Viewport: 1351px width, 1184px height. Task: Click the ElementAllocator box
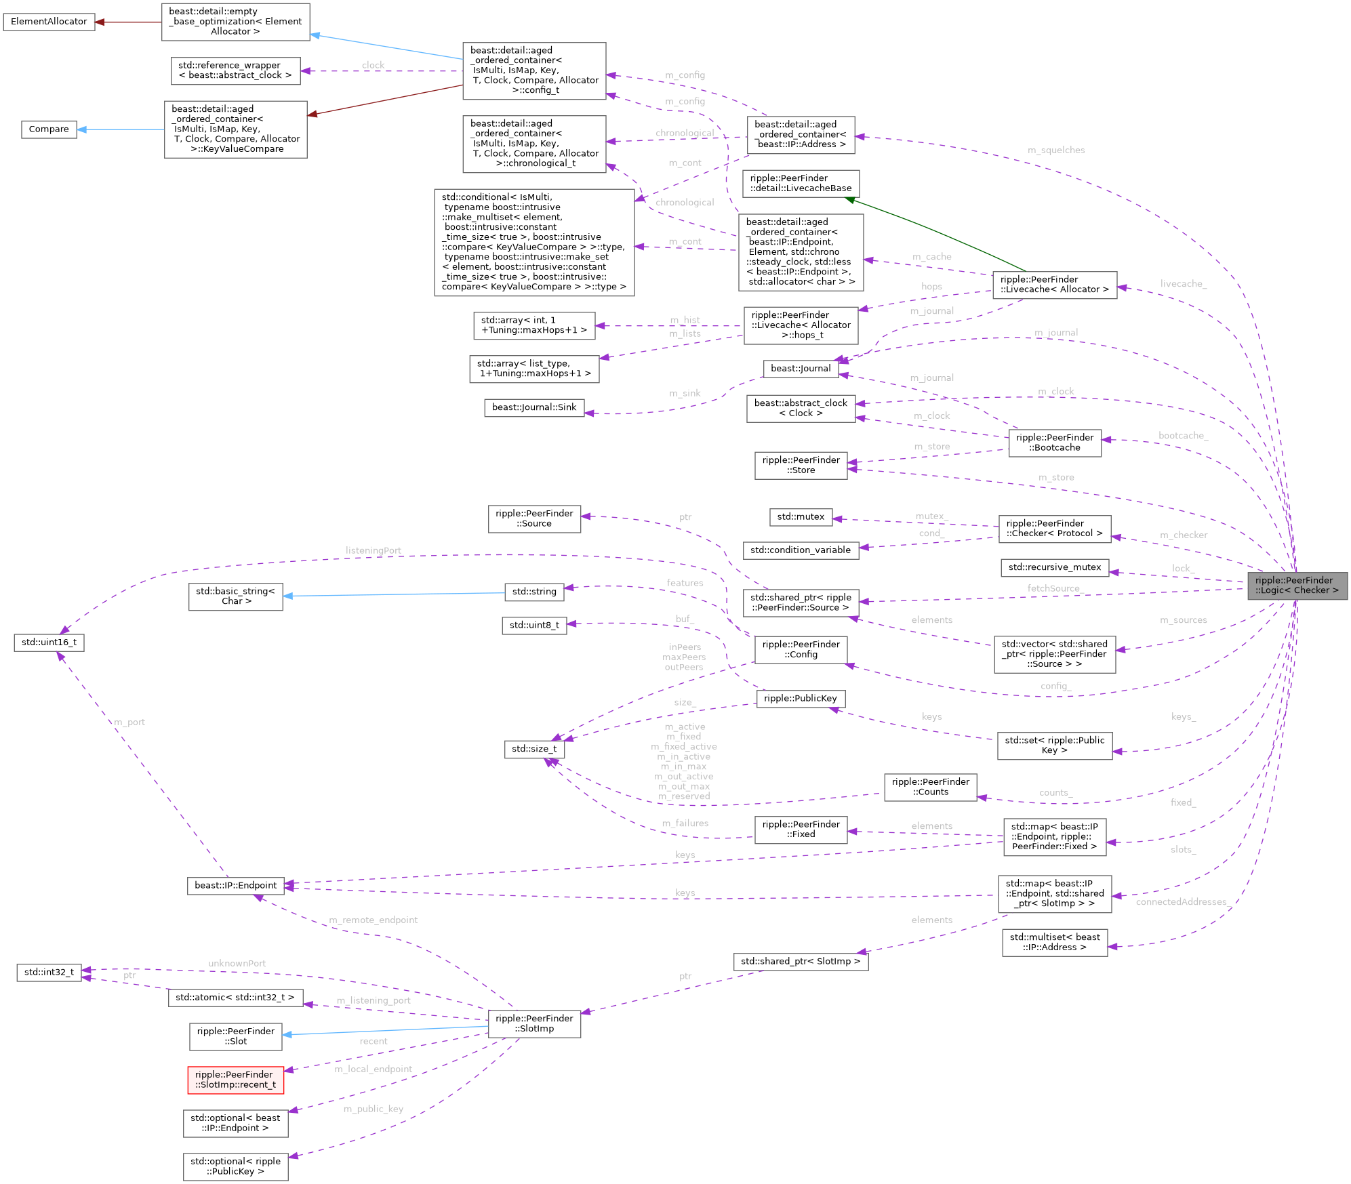pos(49,22)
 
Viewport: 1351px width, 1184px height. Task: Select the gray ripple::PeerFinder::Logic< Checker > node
pos(1297,586)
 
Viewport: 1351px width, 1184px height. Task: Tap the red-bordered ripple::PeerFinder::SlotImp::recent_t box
pos(235,1080)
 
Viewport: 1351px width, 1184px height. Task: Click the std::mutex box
pos(801,517)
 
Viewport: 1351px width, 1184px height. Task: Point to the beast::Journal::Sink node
pos(534,407)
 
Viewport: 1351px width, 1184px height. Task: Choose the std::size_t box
pos(534,749)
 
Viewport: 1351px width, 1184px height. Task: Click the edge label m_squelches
pos(1056,150)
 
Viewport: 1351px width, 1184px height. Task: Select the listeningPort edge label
pos(373,550)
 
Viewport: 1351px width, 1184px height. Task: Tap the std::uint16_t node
pos(49,642)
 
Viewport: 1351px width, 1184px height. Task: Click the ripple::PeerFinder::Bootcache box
pos(1055,443)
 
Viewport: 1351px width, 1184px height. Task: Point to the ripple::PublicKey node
pos(800,699)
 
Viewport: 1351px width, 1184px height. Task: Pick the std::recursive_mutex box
pos(1055,567)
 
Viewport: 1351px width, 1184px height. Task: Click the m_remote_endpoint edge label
pos(373,920)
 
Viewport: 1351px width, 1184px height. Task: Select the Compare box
pos(49,129)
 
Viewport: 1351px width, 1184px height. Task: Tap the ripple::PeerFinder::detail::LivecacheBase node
pos(801,184)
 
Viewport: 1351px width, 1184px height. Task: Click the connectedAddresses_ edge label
pos(1181,902)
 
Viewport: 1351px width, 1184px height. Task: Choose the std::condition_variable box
pos(801,550)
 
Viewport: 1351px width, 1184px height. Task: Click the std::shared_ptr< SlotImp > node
pos(800,962)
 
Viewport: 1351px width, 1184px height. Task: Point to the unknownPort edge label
pos(237,964)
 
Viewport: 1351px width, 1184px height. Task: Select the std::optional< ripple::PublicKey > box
pos(235,1166)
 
